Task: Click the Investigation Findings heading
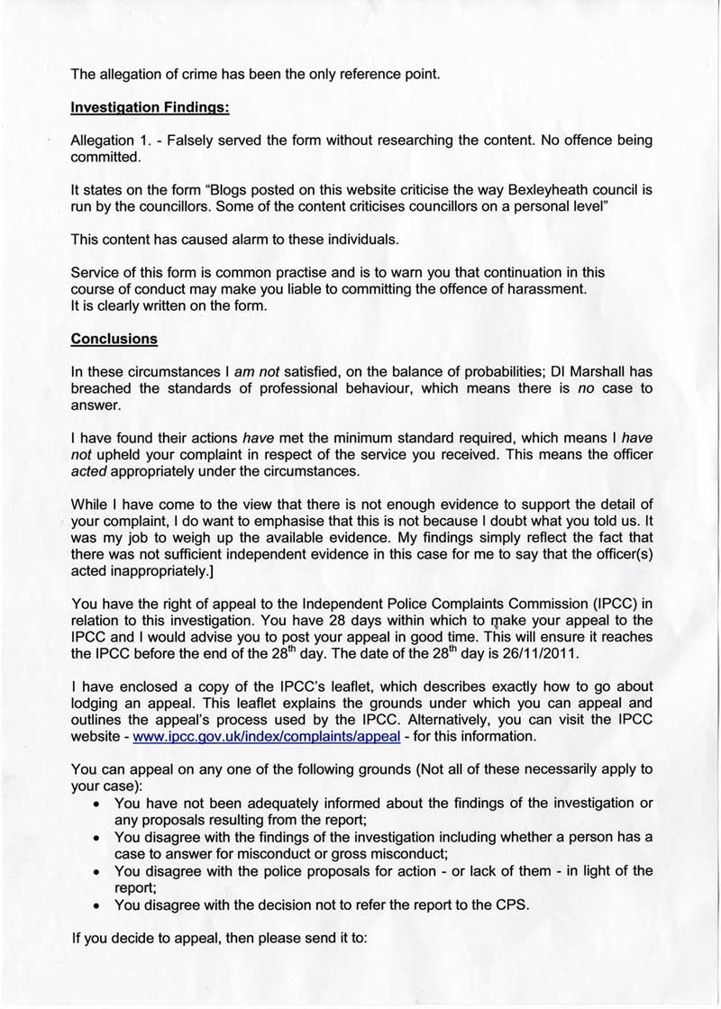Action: pyautogui.click(x=150, y=107)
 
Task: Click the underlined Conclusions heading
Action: pyautogui.click(x=114, y=340)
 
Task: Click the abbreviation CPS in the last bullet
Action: pyautogui.click(x=511, y=904)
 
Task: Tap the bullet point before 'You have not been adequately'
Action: pyautogui.click(x=96, y=803)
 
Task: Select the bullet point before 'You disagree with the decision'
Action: pyautogui.click(x=96, y=904)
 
